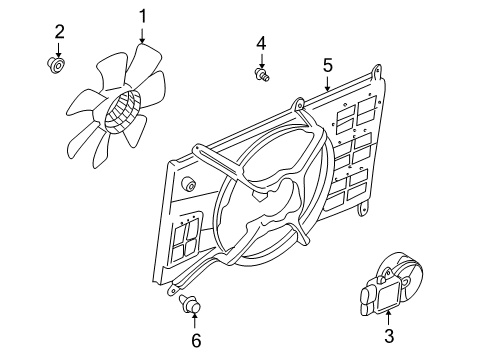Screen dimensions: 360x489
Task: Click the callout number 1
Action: [x=143, y=15]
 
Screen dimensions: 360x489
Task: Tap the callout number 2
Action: [x=59, y=31]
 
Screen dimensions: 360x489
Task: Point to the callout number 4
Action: [x=261, y=43]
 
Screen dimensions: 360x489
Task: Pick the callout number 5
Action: [x=327, y=65]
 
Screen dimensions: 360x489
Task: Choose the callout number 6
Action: [x=196, y=340]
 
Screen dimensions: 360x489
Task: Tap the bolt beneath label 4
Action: [x=262, y=74]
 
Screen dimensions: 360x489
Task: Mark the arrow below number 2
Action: [x=59, y=49]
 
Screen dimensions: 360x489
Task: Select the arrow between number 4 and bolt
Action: [x=261, y=59]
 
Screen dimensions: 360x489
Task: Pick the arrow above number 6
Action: [x=195, y=320]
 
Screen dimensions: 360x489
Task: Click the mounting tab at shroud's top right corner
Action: [x=376, y=72]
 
